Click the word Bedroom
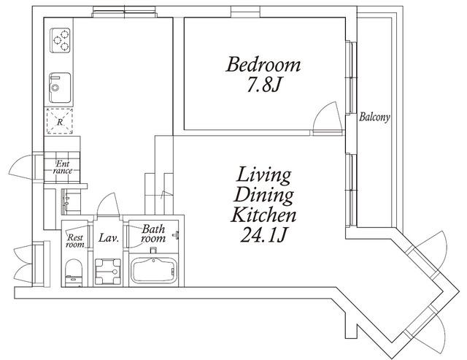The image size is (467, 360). tap(263, 64)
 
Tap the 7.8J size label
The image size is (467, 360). tap(264, 86)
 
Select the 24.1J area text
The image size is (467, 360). tap(263, 235)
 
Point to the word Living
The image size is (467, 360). tap(263, 175)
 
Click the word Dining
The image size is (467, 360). tap(263, 196)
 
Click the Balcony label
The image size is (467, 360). tap(374, 117)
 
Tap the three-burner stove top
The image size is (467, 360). tap(60, 40)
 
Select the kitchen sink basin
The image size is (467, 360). tap(60, 88)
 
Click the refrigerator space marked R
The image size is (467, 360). tap(60, 121)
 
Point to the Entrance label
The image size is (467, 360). tap(63, 167)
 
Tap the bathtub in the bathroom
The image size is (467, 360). tap(154, 270)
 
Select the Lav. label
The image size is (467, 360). tap(109, 238)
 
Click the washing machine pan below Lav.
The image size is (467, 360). tap(108, 271)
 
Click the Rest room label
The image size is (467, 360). tap(74, 241)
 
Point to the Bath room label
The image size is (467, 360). tap(153, 234)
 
